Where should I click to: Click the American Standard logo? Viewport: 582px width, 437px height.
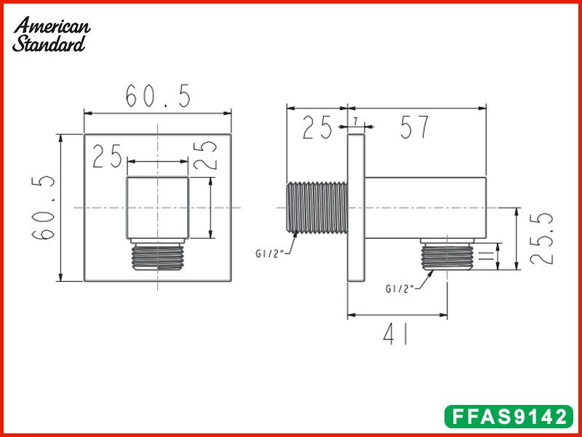pyautogui.click(x=52, y=34)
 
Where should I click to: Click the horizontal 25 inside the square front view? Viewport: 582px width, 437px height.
pyautogui.click(x=107, y=157)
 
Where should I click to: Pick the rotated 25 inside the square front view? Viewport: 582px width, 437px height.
pyautogui.click(x=210, y=154)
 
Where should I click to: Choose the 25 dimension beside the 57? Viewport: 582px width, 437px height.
pyautogui.click(x=316, y=128)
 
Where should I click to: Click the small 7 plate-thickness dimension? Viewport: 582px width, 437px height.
pyautogui.click(x=355, y=120)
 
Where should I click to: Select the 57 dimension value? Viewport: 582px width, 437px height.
pyautogui.click(x=415, y=128)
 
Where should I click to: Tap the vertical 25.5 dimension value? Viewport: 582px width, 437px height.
pyautogui.click(x=543, y=239)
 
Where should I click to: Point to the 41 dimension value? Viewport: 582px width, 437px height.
pyautogui.click(x=396, y=335)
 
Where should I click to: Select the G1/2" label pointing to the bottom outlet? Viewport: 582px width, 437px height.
pyautogui.click(x=399, y=288)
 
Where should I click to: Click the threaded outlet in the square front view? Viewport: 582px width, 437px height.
pyautogui.click(x=159, y=256)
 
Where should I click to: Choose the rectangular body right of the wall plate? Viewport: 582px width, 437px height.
pyautogui.click(x=424, y=207)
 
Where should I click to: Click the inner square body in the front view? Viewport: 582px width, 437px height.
pyautogui.click(x=159, y=207)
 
